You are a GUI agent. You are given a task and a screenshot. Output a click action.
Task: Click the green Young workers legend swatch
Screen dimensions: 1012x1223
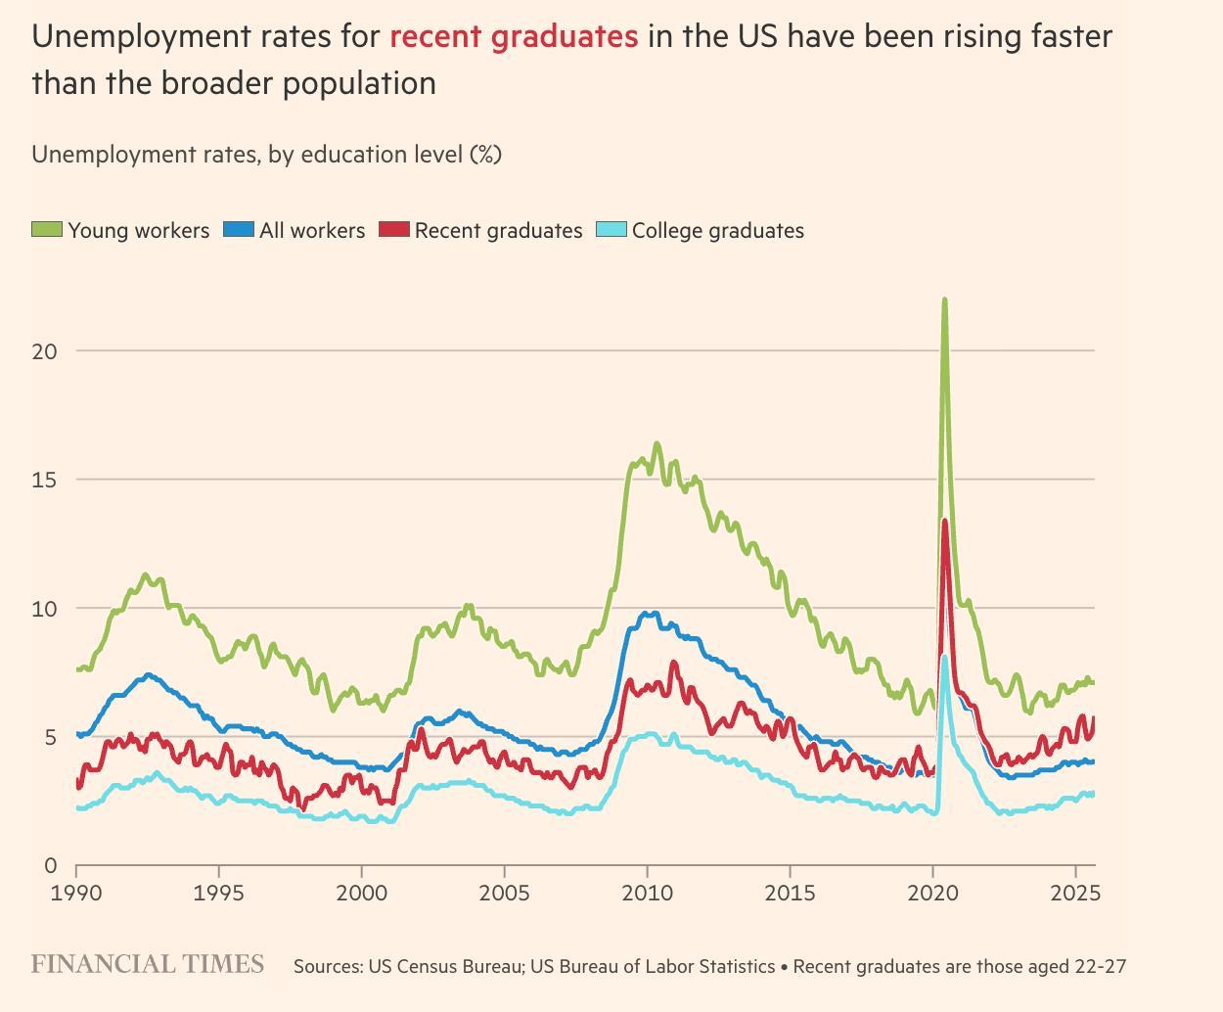point(47,230)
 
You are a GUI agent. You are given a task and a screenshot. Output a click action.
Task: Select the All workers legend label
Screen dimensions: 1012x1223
point(311,231)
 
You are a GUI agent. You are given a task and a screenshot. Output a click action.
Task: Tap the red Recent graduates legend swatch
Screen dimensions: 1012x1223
point(394,230)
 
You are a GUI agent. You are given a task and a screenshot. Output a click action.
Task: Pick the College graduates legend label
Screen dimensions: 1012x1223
point(717,231)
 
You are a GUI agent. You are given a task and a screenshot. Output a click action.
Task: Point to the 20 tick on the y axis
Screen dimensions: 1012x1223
point(44,350)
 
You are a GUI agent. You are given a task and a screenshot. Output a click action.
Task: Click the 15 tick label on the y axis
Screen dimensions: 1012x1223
point(44,480)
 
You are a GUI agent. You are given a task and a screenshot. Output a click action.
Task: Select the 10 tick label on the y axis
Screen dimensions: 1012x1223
point(44,609)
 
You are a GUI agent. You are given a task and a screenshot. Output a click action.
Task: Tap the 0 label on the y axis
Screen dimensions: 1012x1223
point(51,866)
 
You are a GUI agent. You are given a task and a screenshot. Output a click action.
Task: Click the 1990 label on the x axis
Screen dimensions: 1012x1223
point(76,893)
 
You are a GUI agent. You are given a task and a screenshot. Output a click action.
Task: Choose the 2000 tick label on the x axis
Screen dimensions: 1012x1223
point(362,893)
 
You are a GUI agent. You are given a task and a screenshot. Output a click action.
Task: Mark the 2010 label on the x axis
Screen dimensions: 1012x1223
point(647,893)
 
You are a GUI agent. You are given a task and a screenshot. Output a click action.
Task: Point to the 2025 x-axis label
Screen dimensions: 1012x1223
point(1075,893)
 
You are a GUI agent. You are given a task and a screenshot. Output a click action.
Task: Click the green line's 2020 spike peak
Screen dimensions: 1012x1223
point(944,299)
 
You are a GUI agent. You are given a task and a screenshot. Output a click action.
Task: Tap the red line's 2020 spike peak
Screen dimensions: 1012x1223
point(944,521)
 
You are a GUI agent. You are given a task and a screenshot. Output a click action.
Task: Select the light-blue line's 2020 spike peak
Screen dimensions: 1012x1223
point(943,657)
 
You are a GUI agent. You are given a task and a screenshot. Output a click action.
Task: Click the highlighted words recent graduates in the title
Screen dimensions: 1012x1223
point(514,37)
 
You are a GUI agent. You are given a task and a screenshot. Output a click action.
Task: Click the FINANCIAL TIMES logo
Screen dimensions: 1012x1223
point(148,964)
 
